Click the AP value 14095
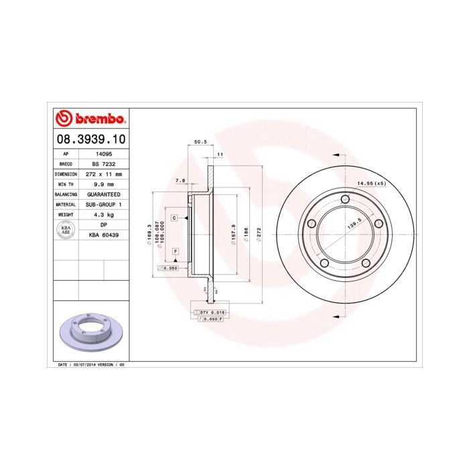pyautogui.click(x=103, y=153)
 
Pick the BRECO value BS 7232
pyautogui.click(x=103, y=163)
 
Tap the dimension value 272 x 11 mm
pyautogui.click(x=103, y=174)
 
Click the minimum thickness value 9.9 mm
pyautogui.click(x=103, y=184)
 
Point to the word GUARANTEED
pyautogui.click(x=103, y=194)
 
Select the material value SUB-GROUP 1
pyautogui.click(x=103, y=204)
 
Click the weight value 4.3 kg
pyautogui.click(x=103, y=214)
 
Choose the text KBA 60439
pyautogui.click(x=103, y=235)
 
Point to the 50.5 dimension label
pyautogui.click(x=200, y=142)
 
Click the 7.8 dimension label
pyautogui.click(x=180, y=181)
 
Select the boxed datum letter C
pyautogui.click(x=174, y=218)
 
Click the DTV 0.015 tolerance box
pyautogui.click(x=209, y=313)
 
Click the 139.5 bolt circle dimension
pyautogui.click(x=354, y=224)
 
